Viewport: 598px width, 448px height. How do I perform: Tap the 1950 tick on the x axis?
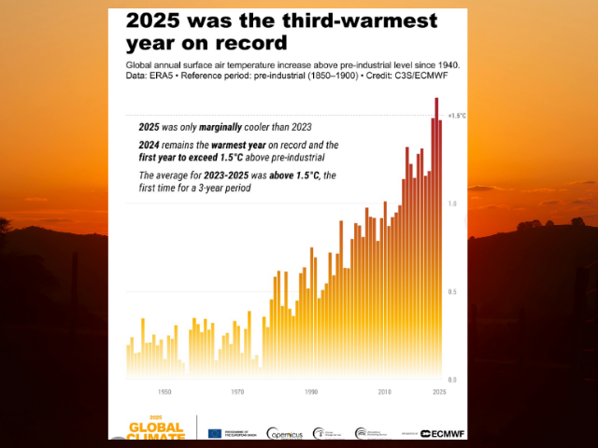point(164,393)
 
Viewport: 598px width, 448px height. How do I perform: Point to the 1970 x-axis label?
point(237,393)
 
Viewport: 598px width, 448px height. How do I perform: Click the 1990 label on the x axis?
point(311,393)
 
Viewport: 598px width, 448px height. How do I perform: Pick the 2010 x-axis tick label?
point(384,393)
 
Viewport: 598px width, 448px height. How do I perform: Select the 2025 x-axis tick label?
point(439,393)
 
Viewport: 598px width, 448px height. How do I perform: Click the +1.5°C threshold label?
point(456,116)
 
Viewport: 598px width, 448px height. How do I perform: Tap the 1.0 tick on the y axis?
point(451,203)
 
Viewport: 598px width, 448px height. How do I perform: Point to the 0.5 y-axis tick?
point(451,292)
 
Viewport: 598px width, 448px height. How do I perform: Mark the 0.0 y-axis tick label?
point(451,380)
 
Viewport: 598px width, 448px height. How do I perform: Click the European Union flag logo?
point(215,433)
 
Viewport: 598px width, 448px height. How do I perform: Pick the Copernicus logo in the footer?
point(284,433)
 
